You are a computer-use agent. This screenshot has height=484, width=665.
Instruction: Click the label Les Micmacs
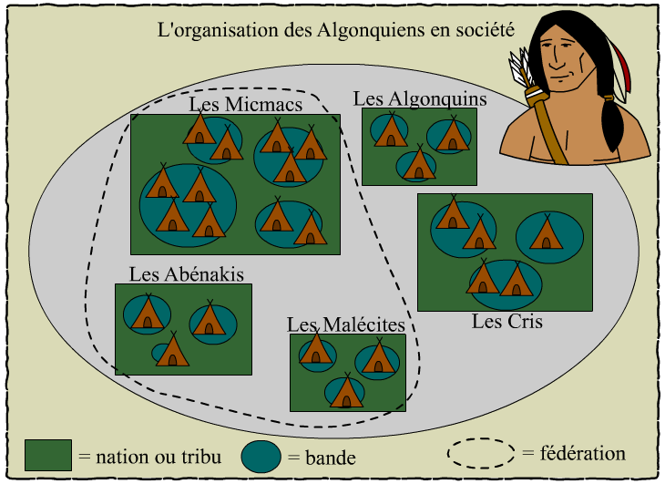[246, 105]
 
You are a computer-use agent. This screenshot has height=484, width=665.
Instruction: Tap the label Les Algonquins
[420, 98]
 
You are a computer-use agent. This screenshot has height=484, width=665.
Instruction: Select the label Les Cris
[506, 321]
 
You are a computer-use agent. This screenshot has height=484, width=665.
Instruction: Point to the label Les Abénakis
[187, 273]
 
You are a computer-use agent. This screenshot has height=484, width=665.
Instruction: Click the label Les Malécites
[345, 324]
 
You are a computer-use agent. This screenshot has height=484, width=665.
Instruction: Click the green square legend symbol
[47, 453]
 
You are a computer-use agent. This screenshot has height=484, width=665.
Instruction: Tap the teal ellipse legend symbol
[262, 455]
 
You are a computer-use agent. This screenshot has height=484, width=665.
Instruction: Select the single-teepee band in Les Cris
[549, 235]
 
